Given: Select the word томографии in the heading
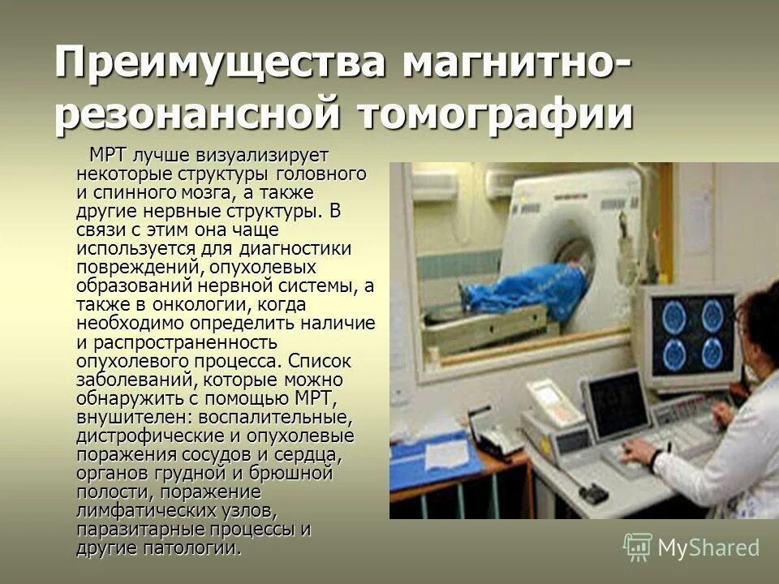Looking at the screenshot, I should (x=495, y=114).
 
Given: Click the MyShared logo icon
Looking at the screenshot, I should (x=638, y=547).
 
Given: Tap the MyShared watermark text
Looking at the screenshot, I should (x=708, y=547).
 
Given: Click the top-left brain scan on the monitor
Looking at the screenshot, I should (x=674, y=316).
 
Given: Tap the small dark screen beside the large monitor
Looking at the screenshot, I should (x=618, y=404).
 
